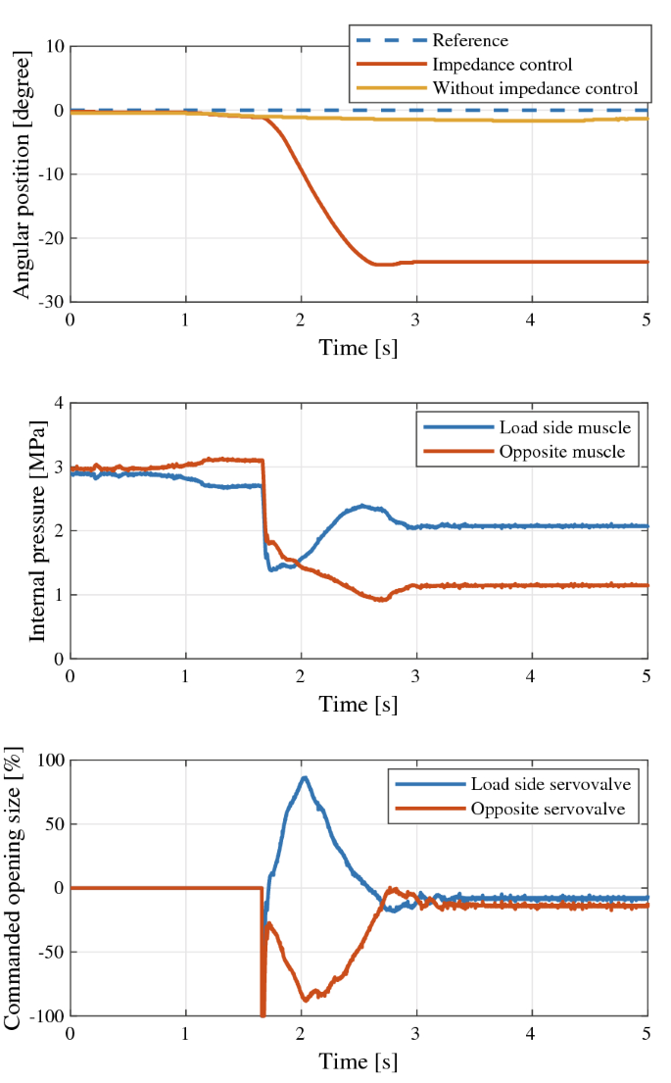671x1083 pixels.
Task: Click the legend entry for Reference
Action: click(470, 40)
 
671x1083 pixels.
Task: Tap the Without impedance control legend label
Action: click(535, 87)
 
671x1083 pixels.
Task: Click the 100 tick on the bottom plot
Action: click(48, 761)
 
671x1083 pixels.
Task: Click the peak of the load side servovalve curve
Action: click(305, 778)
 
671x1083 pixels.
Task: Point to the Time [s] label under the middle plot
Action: click(359, 704)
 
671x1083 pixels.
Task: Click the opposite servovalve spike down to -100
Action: click(263, 1012)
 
